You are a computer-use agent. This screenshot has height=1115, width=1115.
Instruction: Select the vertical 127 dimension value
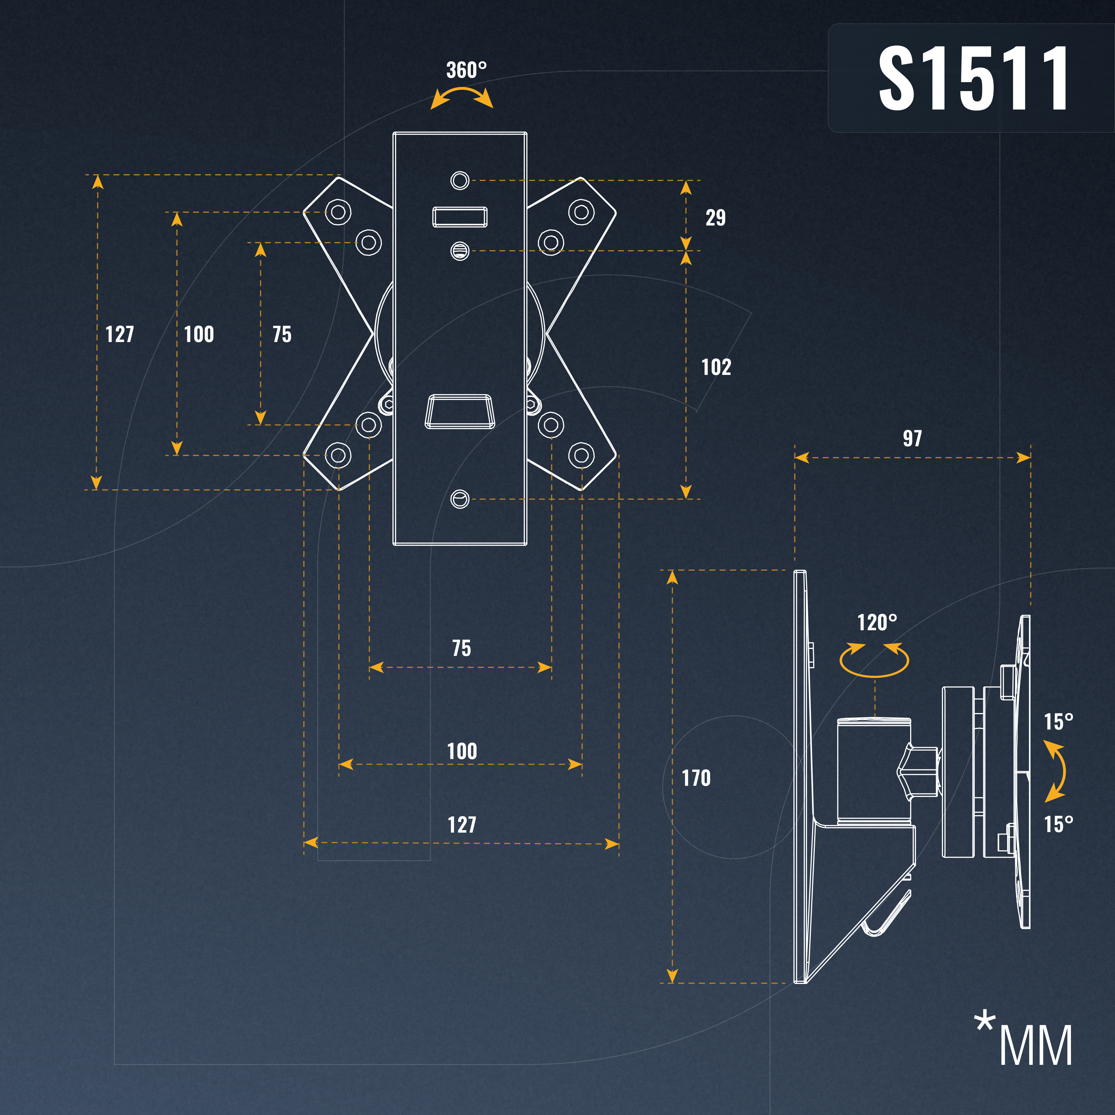pos(120,334)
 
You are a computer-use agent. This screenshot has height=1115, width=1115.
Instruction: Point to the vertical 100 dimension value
pos(198,334)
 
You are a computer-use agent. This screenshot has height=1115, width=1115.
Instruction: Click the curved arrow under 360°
pos(462,97)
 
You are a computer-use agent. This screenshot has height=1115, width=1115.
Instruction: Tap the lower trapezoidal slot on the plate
pos(460,411)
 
